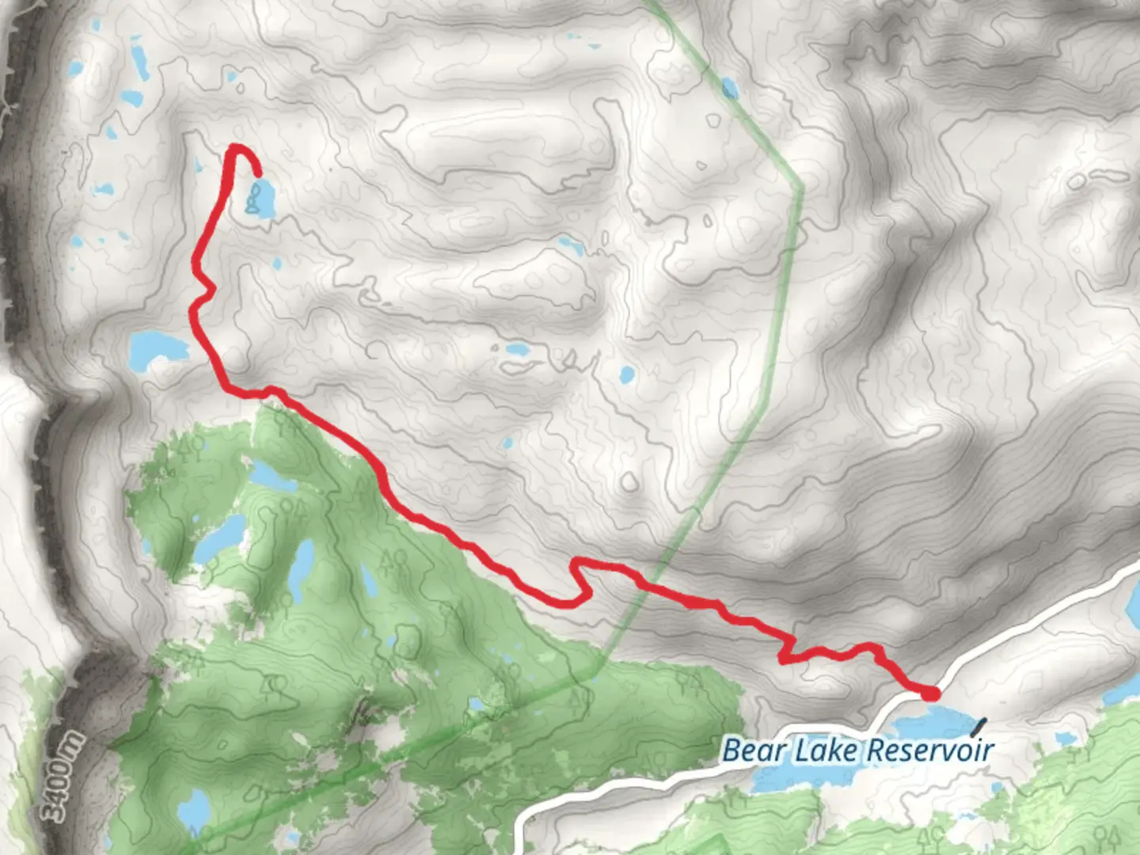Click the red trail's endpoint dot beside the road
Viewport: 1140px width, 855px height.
[x=932, y=694]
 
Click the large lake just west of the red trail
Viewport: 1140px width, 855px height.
[x=157, y=349]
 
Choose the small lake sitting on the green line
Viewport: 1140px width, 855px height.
[x=729, y=88]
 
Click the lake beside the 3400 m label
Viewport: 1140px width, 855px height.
[x=193, y=807]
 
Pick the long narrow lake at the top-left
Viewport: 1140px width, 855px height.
[x=139, y=61]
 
